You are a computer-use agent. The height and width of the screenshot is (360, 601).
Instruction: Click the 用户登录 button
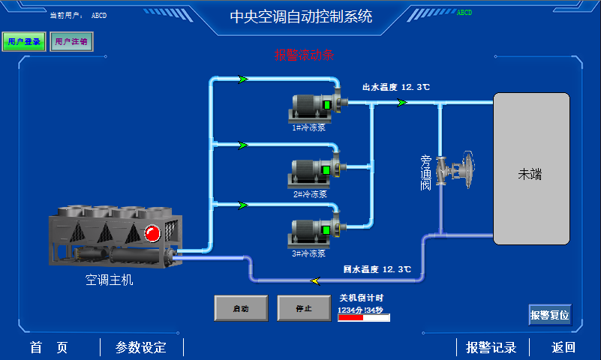point(23,42)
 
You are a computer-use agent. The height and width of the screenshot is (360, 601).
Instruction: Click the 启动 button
point(241,307)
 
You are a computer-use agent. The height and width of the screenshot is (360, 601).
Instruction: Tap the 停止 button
point(304,307)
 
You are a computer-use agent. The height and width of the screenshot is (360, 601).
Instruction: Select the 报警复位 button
point(550,315)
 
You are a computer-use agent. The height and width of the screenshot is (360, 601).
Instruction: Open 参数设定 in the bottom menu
point(140,347)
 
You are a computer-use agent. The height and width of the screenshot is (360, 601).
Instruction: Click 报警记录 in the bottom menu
point(491,347)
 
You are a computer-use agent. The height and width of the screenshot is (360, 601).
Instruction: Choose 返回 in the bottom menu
point(563,347)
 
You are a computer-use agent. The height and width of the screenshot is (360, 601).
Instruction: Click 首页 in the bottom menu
point(49,347)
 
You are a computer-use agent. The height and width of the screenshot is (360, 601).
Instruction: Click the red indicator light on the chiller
point(152,233)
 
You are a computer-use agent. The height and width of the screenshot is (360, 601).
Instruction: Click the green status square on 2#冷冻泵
point(326,170)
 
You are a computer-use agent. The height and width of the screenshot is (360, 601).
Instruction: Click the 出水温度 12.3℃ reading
point(396,87)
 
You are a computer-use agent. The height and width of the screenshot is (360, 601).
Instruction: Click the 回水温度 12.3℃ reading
point(377,268)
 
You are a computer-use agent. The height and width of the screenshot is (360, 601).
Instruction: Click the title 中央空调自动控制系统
point(300,17)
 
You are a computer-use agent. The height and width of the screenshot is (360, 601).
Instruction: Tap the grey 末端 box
point(530,169)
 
